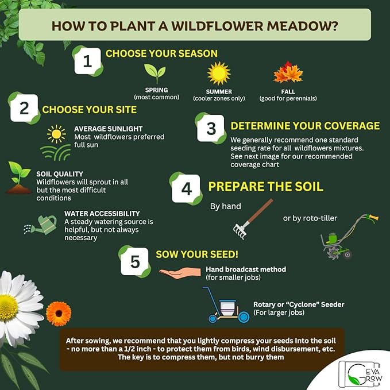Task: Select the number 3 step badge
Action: [x=211, y=128]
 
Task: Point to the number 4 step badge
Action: [x=186, y=188]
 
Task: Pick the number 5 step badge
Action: [x=135, y=261]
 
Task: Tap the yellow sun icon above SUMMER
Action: [x=218, y=73]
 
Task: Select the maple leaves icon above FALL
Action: [x=288, y=74]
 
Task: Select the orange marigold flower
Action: [x=58, y=314]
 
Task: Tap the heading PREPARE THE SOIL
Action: [x=265, y=187]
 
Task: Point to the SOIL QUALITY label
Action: [x=59, y=173]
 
